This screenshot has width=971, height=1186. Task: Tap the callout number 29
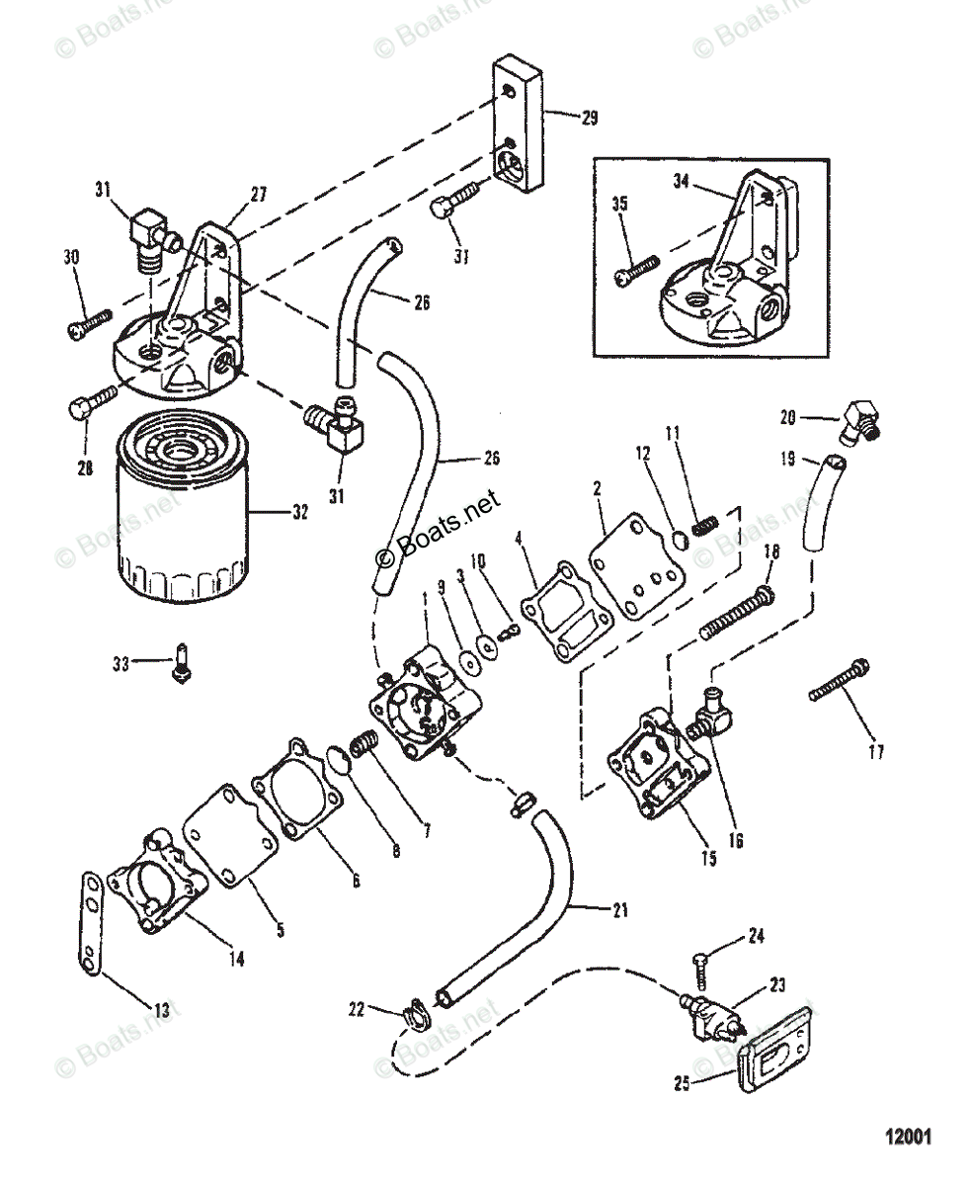pos(590,118)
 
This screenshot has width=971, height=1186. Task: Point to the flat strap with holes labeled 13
pos(91,924)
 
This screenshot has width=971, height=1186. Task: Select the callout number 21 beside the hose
pos(618,910)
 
